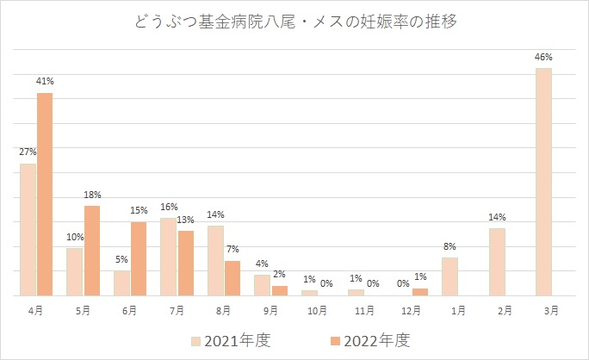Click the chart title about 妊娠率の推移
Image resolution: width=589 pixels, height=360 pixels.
tap(294, 22)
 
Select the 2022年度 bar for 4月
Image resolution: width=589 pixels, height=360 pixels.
tap(45, 194)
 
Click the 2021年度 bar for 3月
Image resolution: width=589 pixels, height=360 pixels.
tap(543, 182)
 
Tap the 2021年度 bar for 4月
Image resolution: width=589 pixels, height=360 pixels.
tap(28, 229)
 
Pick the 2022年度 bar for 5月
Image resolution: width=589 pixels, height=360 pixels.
tap(92, 251)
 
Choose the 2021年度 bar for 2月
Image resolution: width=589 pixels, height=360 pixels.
tap(497, 262)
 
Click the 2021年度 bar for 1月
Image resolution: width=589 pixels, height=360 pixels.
tap(449, 276)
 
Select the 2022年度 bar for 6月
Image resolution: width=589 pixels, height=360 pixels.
tap(139, 258)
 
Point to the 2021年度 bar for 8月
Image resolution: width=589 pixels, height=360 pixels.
tap(215, 260)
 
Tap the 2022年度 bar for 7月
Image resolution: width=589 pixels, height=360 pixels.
tap(186, 263)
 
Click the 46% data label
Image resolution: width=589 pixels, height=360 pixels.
tap(543, 57)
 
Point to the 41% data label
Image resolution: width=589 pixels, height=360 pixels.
tap(45, 82)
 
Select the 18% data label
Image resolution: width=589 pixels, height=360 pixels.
tap(92, 196)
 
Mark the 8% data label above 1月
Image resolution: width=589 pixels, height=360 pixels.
tap(449, 246)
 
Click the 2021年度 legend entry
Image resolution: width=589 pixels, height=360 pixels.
tap(231, 339)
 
